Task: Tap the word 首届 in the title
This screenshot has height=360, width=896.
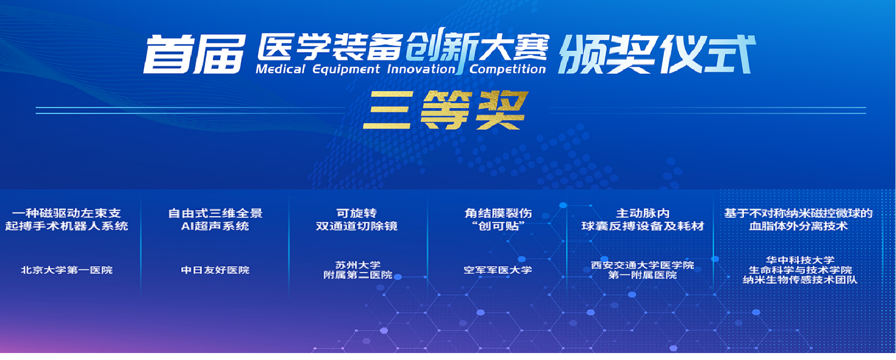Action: click(x=195, y=54)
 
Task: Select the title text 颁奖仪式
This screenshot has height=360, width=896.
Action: click(x=657, y=54)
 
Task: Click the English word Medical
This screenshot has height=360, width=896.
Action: click(x=281, y=69)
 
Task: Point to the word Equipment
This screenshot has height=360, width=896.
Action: click(x=346, y=69)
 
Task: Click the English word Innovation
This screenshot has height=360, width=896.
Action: click(x=421, y=69)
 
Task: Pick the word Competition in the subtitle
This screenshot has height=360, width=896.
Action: click(x=507, y=69)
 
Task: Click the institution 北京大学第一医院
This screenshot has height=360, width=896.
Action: click(x=67, y=270)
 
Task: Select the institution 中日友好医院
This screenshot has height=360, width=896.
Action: click(x=215, y=270)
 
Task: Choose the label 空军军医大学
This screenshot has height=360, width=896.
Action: click(x=498, y=270)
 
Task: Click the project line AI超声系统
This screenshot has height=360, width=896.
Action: click(x=215, y=226)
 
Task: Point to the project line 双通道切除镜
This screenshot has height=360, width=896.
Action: click(x=357, y=226)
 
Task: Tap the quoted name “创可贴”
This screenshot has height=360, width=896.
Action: click(x=498, y=226)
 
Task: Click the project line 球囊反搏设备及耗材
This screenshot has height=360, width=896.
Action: click(x=643, y=226)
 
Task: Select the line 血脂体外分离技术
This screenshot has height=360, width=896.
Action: click(x=798, y=226)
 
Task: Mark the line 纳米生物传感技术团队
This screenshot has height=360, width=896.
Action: click(x=800, y=280)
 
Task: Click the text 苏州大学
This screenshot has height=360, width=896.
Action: click(x=358, y=265)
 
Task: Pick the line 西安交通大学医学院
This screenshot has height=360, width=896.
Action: click(x=642, y=265)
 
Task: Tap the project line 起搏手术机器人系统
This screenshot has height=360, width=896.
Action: click(x=67, y=226)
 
